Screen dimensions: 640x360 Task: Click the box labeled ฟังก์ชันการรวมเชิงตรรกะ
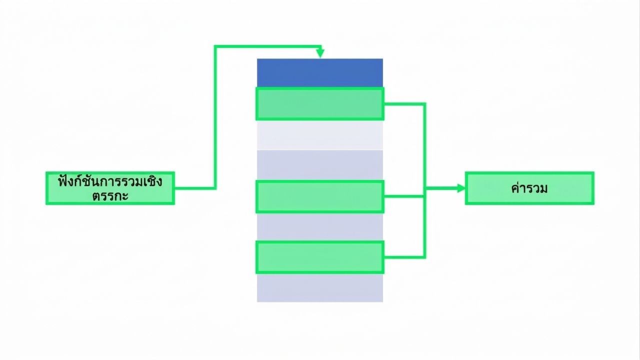click(110, 188)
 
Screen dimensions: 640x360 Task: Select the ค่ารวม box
click(529, 188)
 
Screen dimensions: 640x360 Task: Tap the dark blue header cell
click(320, 73)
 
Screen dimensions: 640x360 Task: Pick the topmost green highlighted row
click(320, 103)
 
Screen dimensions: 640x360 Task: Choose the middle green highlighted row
click(320, 197)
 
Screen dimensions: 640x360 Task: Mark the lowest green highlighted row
click(320, 257)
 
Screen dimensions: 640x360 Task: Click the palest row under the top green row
click(320, 135)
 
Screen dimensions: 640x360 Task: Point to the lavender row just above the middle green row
click(320, 165)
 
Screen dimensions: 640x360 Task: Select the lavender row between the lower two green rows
click(320, 227)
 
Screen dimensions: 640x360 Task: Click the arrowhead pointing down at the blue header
click(320, 53)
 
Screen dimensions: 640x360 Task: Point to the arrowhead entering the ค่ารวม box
click(461, 188)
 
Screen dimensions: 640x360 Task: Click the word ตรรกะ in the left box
click(110, 196)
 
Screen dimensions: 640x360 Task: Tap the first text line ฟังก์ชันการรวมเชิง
click(110, 181)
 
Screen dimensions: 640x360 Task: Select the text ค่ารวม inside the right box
click(529, 188)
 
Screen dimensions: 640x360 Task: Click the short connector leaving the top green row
click(404, 104)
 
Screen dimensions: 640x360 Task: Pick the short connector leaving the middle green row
click(403, 196)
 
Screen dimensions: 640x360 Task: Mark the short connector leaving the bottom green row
click(404, 257)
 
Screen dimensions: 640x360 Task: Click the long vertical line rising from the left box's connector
click(215, 117)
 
